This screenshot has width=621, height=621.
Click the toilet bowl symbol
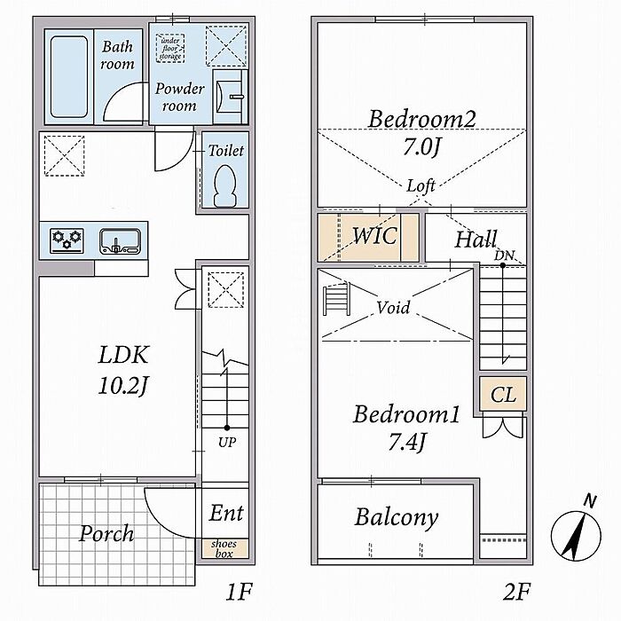(x=225, y=186)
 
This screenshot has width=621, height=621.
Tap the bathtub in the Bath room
(x=69, y=77)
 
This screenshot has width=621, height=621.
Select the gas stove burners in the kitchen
(x=67, y=240)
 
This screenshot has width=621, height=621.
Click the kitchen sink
(x=120, y=240)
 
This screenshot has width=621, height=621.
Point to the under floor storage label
(x=170, y=48)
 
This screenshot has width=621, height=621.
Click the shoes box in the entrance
(x=224, y=548)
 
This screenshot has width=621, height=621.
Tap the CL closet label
(x=503, y=395)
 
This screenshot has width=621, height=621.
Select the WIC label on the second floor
(x=374, y=236)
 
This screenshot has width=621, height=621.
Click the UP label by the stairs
(x=227, y=442)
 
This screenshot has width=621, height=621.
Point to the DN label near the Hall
(x=504, y=255)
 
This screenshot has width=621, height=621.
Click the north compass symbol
(x=577, y=531)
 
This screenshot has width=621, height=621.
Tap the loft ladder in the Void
(x=337, y=299)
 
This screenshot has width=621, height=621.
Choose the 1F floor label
(x=239, y=593)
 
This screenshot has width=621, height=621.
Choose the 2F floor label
(x=516, y=593)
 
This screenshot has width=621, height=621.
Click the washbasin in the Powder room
(x=230, y=97)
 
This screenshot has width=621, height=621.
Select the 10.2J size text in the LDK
(x=122, y=385)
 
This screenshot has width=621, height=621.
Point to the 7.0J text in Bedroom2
(x=421, y=147)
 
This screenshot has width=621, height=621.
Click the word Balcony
(x=397, y=517)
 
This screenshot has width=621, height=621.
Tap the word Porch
(x=106, y=533)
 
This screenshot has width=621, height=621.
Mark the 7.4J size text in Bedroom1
(x=407, y=442)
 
